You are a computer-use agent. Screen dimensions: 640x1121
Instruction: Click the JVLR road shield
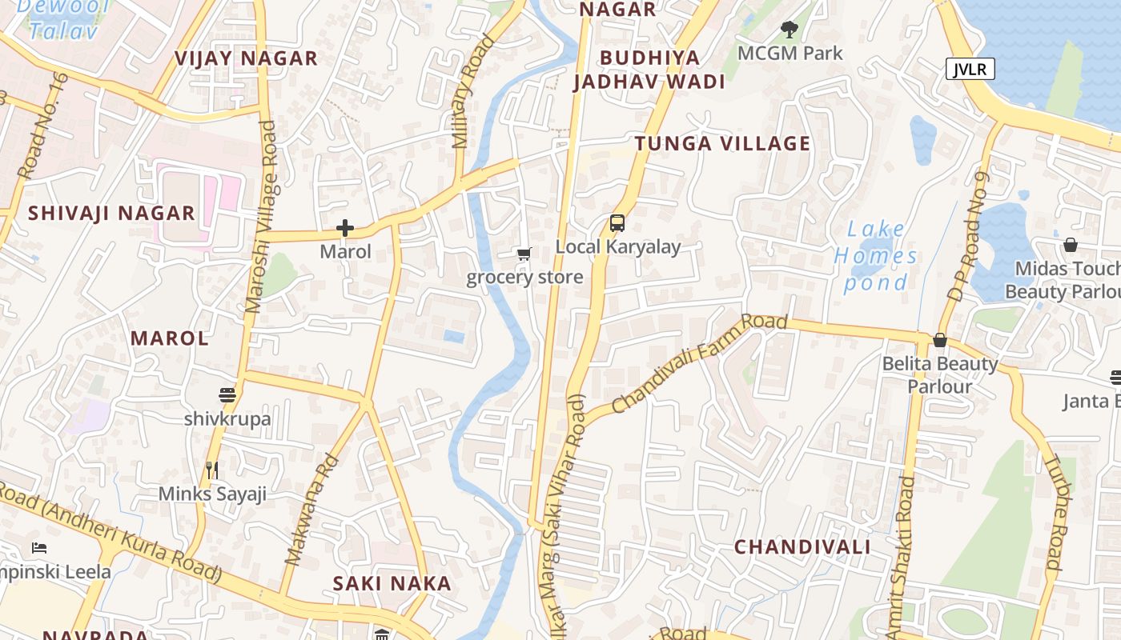coord(970,69)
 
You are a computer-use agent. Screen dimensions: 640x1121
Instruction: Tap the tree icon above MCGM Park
coord(790,30)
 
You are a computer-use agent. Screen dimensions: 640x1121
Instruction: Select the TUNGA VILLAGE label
coord(722,143)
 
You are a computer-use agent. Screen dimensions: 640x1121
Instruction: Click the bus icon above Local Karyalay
coord(617,223)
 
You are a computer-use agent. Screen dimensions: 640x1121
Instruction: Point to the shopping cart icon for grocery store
coord(524,254)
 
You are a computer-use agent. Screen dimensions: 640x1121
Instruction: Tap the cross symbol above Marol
coord(345,229)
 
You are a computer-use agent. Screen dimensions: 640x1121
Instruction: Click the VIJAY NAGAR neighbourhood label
coord(246,58)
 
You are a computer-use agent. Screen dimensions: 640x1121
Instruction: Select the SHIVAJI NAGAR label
coord(111,213)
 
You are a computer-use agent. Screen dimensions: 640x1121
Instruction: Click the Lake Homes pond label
coord(876,256)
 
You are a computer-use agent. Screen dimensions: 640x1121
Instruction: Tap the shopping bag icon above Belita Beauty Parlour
coord(940,341)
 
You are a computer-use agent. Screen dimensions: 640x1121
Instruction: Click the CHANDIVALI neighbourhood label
coord(802,547)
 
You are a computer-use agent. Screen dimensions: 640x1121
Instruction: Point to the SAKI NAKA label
coord(392,583)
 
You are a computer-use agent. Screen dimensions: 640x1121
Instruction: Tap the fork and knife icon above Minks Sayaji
coord(212,470)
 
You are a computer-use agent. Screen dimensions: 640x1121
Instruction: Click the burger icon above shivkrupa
coord(227,394)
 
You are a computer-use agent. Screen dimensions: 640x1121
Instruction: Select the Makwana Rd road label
coord(312,510)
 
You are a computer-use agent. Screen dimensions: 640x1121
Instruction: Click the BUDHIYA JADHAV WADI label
coord(649,70)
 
